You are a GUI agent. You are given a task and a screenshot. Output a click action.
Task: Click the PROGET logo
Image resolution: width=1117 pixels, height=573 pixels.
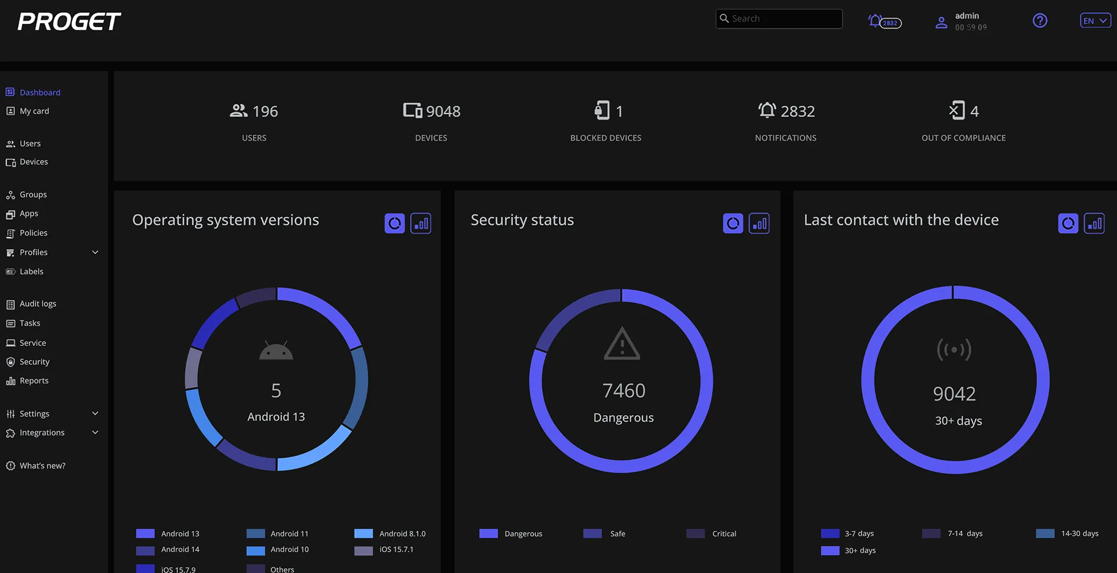(x=69, y=21)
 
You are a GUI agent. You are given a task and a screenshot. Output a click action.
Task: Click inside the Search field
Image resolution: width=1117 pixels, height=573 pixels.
(x=779, y=19)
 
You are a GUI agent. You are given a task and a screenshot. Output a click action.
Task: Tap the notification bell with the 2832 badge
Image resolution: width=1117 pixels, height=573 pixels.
(x=884, y=22)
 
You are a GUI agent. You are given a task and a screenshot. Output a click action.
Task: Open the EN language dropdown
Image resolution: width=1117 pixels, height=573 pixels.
(x=1095, y=21)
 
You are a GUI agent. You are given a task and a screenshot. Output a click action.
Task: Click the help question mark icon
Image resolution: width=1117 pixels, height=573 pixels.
(x=1040, y=21)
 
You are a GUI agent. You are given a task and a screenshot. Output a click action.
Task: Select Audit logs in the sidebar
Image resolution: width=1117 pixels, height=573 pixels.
(x=38, y=304)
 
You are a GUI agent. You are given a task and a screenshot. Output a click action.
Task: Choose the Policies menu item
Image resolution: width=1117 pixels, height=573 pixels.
(x=33, y=233)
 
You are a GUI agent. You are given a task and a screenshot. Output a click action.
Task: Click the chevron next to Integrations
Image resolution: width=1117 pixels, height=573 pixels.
(x=95, y=433)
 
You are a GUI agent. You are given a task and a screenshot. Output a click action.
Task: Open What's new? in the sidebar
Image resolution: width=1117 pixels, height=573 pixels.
(x=42, y=466)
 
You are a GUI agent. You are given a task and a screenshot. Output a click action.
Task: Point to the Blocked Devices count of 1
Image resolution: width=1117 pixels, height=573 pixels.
(x=619, y=111)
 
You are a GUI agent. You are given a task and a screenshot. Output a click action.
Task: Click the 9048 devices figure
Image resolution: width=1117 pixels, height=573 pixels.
(x=443, y=111)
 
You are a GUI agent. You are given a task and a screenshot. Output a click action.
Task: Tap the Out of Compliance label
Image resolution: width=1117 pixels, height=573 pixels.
(x=963, y=138)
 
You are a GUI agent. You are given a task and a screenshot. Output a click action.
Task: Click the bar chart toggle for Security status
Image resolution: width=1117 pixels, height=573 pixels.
(x=759, y=223)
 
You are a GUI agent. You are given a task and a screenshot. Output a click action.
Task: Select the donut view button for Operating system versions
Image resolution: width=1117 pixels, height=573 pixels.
(x=394, y=223)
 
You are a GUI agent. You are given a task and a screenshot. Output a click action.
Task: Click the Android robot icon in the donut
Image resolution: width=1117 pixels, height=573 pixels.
(x=276, y=351)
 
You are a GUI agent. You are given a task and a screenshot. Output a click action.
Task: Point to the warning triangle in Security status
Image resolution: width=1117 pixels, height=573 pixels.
(x=622, y=344)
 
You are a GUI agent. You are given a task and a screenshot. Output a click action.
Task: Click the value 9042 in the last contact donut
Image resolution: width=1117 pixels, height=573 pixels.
(x=954, y=394)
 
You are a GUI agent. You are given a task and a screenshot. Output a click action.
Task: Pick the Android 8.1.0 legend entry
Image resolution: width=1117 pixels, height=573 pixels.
(x=390, y=534)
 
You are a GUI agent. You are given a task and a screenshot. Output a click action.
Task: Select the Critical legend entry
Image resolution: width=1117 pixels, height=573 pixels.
(x=711, y=534)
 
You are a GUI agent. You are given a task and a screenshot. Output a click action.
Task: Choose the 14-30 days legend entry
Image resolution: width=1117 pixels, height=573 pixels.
(x=1067, y=534)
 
